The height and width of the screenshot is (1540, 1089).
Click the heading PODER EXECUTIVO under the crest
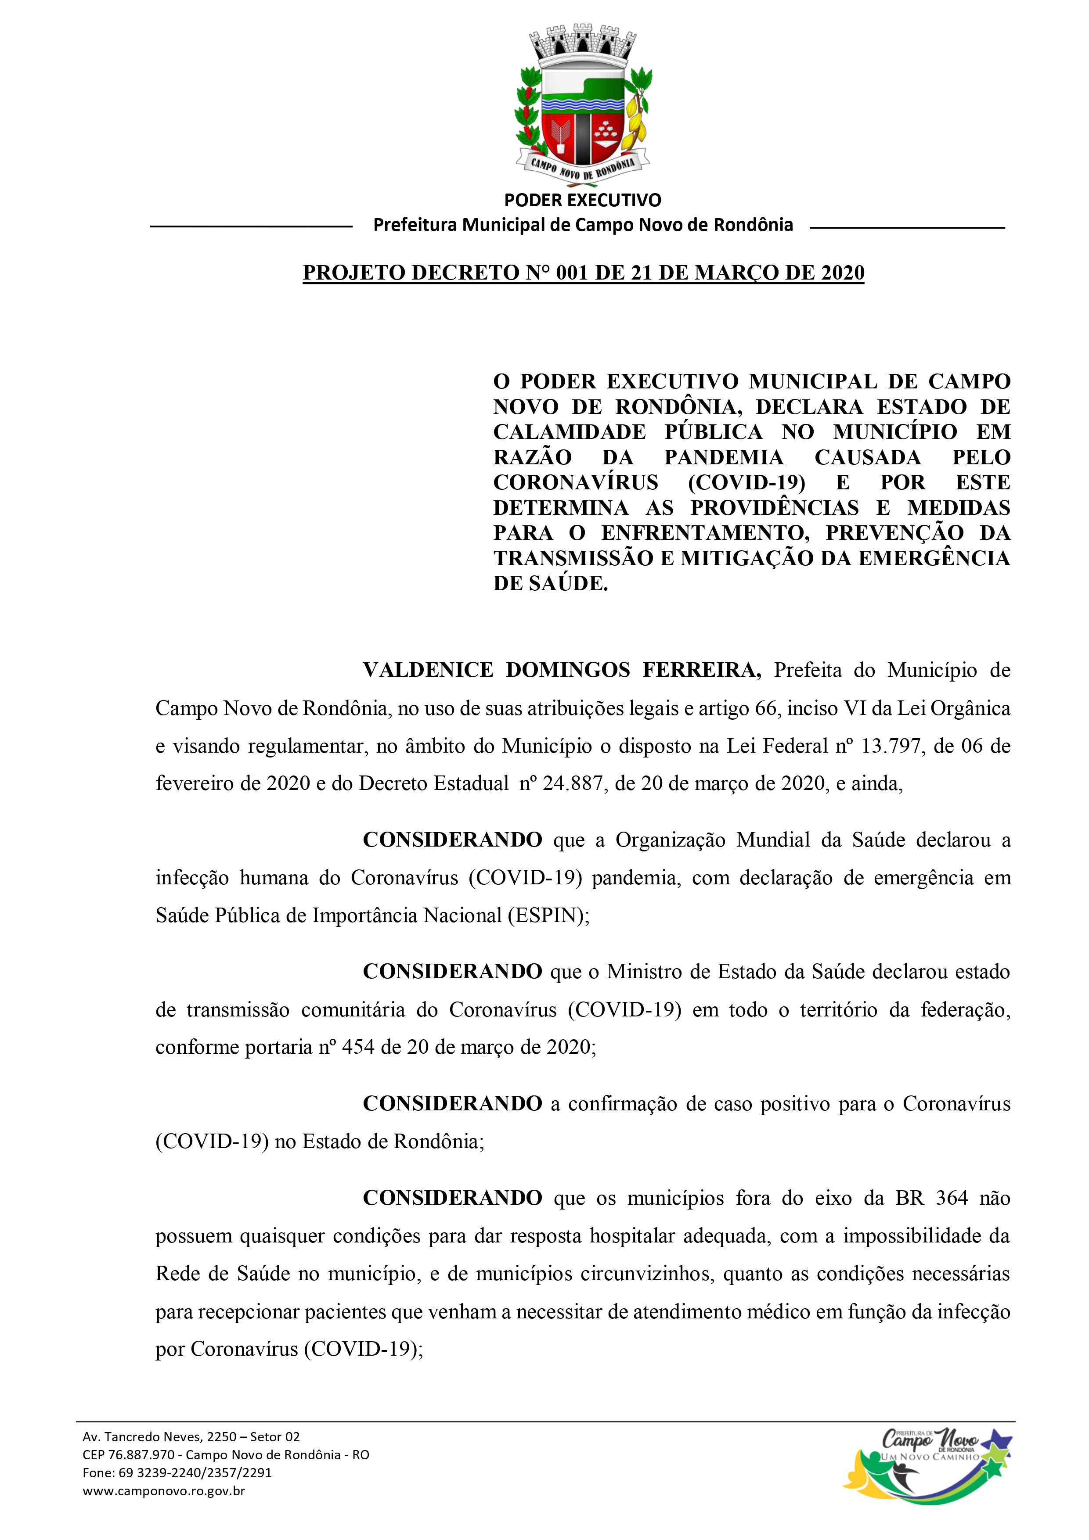tap(582, 200)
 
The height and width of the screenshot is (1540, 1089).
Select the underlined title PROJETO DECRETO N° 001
tap(583, 273)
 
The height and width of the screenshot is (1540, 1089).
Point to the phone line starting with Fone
tap(177, 1492)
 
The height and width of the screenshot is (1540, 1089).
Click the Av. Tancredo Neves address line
tap(191, 1455)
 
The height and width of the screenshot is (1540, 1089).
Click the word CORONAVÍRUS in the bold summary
tap(576, 482)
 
